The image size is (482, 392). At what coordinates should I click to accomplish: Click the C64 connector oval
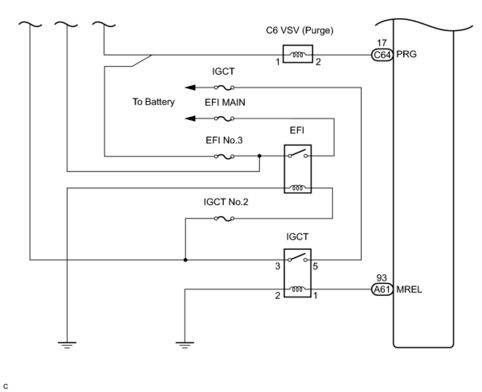click(x=382, y=54)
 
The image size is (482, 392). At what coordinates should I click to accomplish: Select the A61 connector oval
click(x=382, y=289)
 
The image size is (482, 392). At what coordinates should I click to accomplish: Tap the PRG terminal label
click(x=406, y=54)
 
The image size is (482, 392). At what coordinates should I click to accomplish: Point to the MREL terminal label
click(x=409, y=289)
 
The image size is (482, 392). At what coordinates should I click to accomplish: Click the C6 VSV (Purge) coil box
click(x=298, y=54)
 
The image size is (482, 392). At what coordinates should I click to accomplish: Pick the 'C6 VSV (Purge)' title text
click(x=300, y=31)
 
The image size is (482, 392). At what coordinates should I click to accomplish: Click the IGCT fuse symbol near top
click(x=224, y=87)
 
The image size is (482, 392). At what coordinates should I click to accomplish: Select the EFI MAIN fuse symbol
click(x=224, y=118)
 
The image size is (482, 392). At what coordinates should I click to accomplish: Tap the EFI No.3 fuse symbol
click(x=224, y=156)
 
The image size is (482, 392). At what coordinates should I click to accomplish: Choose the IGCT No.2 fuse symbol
click(x=224, y=218)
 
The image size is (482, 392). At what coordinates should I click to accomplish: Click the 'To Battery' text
click(x=153, y=102)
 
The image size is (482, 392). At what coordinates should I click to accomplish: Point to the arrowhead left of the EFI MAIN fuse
click(x=190, y=118)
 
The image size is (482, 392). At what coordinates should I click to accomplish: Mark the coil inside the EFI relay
click(x=298, y=188)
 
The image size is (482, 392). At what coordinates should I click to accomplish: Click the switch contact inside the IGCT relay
click(x=298, y=258)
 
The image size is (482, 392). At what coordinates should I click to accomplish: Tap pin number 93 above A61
click(x=382, y=279)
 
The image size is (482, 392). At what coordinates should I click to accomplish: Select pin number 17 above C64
click(x=382, y=43)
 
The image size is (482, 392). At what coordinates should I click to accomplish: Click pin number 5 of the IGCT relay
click(x=315, y=266)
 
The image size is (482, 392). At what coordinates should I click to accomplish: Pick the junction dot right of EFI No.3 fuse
click(x=259, y=156)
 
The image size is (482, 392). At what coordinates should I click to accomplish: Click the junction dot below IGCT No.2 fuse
click(x=185, y=260)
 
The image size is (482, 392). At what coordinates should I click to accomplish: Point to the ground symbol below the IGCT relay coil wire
click(x=184, y=344)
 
